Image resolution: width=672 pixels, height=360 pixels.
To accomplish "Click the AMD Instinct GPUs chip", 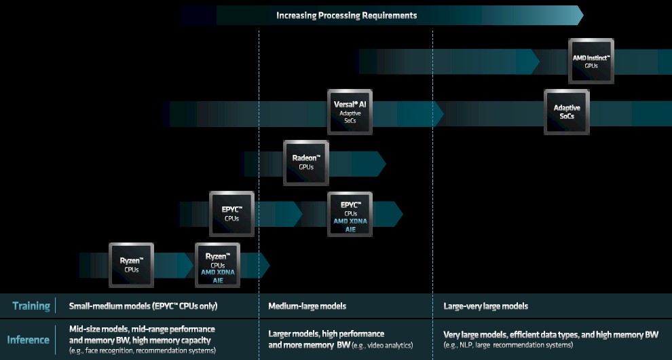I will click(591, 61).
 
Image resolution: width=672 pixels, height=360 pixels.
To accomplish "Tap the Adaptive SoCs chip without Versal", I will click(567, 112).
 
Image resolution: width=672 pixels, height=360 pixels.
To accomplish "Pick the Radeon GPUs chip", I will click(306, 162).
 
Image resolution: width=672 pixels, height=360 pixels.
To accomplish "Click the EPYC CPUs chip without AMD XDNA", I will click(231, 213).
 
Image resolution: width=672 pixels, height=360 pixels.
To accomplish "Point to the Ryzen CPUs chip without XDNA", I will click(132, 265).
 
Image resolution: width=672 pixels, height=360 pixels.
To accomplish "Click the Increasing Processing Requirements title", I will click(347, 15).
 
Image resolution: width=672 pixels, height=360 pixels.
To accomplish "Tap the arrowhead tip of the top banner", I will click(581, 15).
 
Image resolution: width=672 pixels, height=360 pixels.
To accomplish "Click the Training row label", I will click(31, 306).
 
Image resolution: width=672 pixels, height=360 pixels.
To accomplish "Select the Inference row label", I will click(29, 340).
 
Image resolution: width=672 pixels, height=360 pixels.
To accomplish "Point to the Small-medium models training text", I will click(143, 306).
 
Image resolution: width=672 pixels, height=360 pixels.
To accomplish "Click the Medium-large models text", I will click(307, 306).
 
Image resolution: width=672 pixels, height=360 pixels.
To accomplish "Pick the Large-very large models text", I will click(485, 306).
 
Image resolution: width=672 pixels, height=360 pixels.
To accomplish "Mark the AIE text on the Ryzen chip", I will click(218, 279).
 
